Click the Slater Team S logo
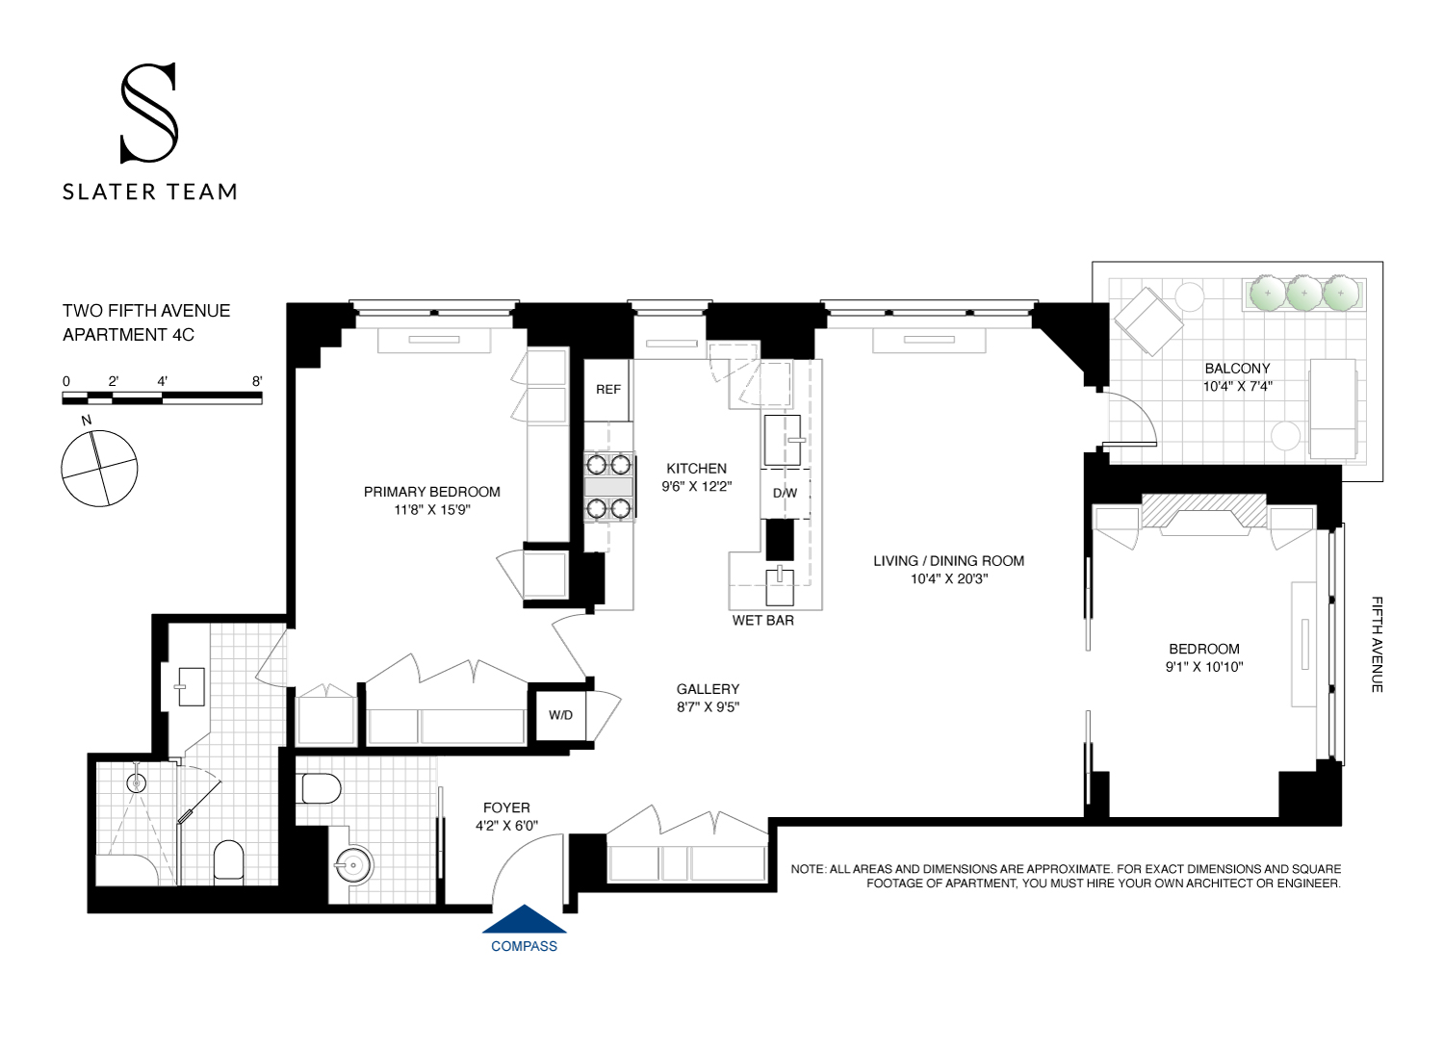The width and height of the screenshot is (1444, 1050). pos(149,113)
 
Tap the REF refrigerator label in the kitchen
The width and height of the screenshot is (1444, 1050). pos(608,390)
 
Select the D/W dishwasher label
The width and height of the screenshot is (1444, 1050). pos(785,494)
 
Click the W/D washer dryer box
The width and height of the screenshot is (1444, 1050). pos(560,715)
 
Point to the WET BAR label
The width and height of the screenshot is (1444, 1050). pos(762,621)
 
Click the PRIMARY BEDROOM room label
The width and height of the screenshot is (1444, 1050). pos(431,492)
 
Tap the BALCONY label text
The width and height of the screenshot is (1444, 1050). pos(1237,369)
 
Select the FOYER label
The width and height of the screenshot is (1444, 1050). pos(506,808)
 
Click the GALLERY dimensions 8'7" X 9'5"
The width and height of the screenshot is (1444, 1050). pos(708,707)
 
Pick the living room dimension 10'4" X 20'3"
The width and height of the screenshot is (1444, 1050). pos(949,579)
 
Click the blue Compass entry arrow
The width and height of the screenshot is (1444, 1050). pos(524,920)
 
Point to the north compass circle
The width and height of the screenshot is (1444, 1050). pos(99,469)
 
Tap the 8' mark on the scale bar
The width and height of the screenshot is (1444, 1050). pos(257,381)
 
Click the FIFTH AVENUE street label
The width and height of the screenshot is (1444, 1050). pos(1377,644)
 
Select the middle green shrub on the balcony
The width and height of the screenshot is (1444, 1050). pos(1303,293)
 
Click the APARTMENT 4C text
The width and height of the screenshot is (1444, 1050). pos(128,335)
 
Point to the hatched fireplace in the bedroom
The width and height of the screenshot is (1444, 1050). pos(1203,510)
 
